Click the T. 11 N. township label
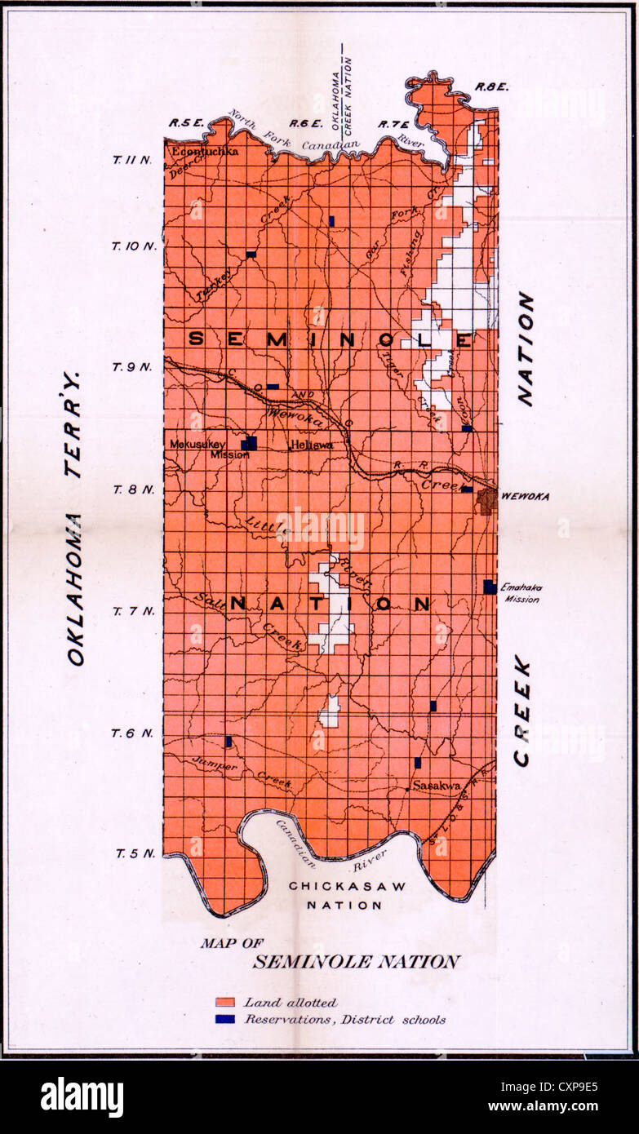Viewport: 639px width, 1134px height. pyautogui.click(x=132, y=160)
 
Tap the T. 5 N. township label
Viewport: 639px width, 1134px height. pyautogui.click(x=132, y=853)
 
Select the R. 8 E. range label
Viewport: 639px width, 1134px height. pyautogui.click(x=492, y=86)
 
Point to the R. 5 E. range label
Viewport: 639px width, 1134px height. pyautogui.click(x=184, y=123)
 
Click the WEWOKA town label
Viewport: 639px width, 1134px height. pyautogui.click(x=525, y=496)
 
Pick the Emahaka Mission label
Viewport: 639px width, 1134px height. pyautogui.click(x=521, y=593)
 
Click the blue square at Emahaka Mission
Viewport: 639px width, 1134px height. pyautogui.click(x=490, y=587)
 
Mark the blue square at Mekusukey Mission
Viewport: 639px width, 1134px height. pyautogui.click(x=249, y=443)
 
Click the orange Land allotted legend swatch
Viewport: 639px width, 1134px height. pyautogui.click(x=226, y=1002)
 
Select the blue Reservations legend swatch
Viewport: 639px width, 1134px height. pyautogui.click(x=226, y=1019)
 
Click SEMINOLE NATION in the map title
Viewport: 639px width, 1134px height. pyautogui.click(x=356, y=962)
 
